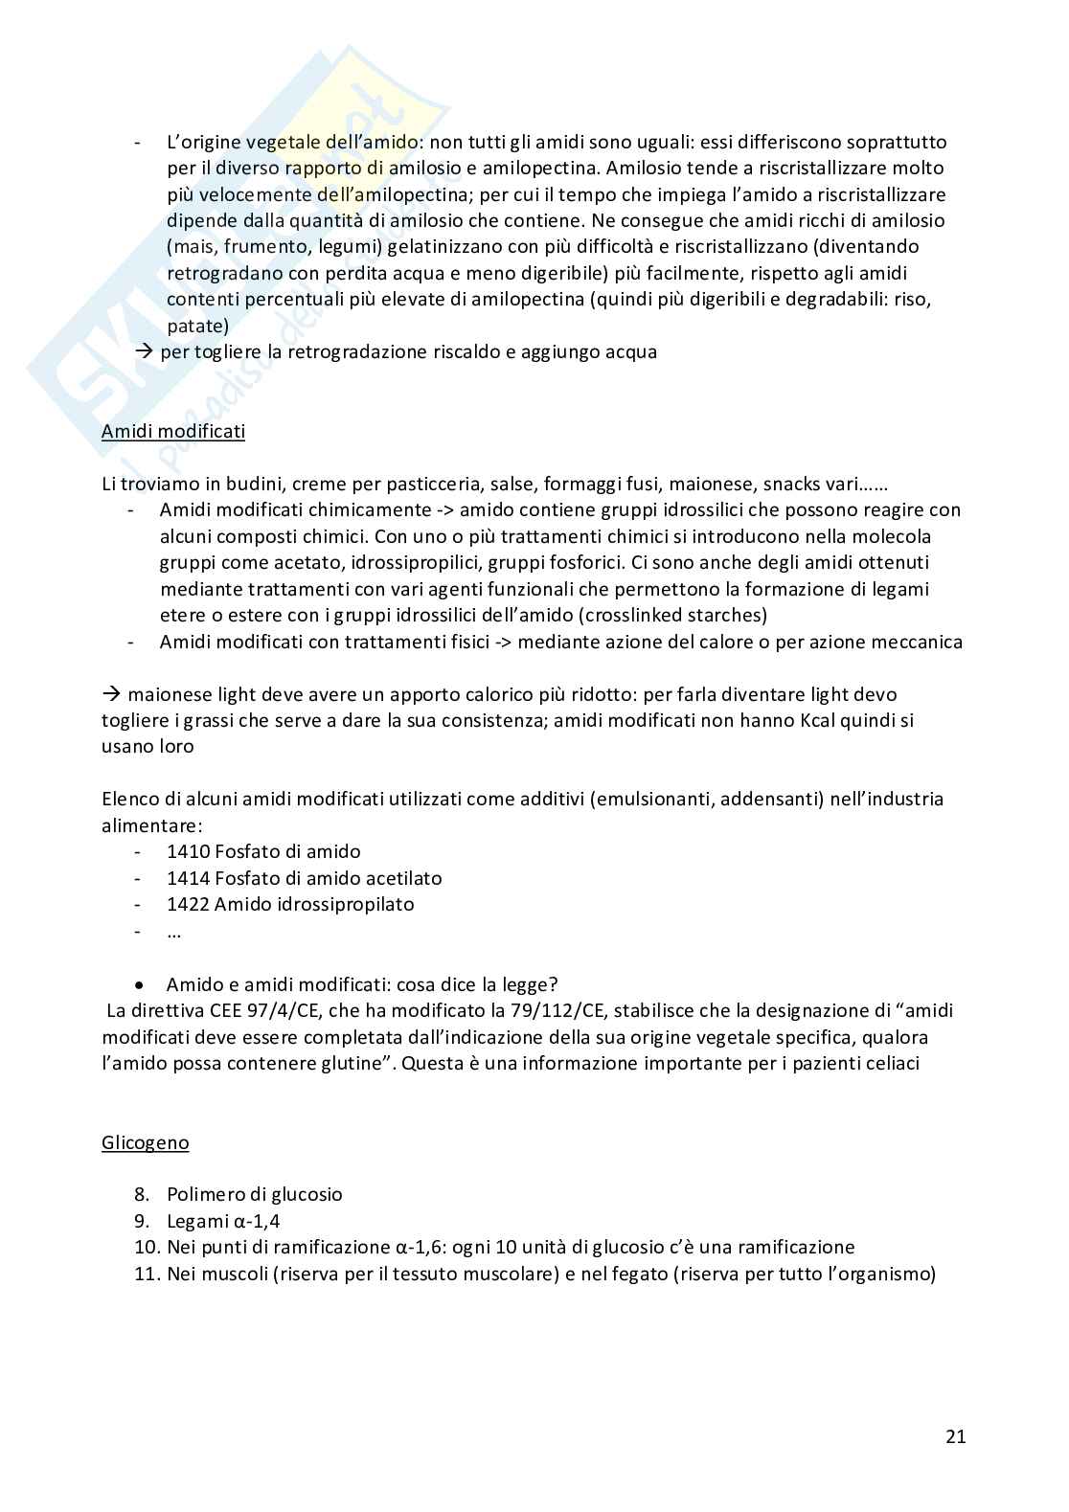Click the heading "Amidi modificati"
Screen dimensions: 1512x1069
tap(172, 431)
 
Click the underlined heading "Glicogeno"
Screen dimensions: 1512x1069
tap(145, 1142)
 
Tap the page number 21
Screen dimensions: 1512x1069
tap(955, 1436)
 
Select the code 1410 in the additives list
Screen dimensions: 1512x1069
tap(187, 851)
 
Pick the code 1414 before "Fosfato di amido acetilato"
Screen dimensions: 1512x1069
tap(187, 878)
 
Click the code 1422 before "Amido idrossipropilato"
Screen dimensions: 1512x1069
tap(187, 904)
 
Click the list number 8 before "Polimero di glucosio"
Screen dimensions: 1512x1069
tap(143, 1194)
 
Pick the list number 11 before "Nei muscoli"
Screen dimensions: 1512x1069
tap(148, 1274)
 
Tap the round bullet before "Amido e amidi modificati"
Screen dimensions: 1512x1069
tap(142, 985)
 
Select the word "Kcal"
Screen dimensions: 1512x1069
tap(820, 720)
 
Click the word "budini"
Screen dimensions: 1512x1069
tap(260, 484)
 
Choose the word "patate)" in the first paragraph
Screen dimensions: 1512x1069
tap(198, 326)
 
